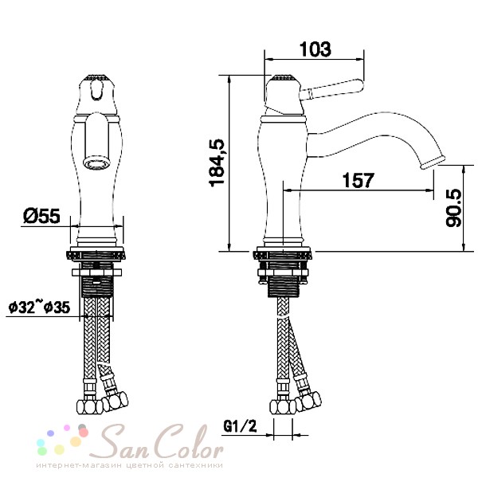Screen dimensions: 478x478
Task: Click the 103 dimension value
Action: point(315,49)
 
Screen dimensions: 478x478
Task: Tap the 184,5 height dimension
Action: point(217,163)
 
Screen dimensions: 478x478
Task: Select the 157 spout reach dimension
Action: point(358,180)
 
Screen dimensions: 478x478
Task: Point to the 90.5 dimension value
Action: point(453,208)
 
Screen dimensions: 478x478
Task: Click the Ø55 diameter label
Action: point(41,216)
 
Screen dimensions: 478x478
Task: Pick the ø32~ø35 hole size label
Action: point(39,307)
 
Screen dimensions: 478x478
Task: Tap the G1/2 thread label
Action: point(241,426)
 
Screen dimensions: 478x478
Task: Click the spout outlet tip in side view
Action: point(433,162)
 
